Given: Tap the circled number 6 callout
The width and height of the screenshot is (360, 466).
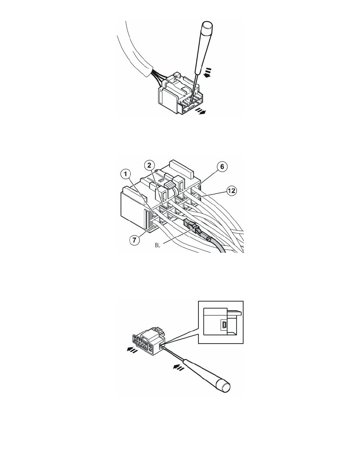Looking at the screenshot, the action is (222, 167).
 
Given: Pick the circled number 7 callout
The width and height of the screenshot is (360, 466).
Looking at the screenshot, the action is (135, 240).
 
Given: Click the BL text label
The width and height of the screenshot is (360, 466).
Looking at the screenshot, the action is (157, 246).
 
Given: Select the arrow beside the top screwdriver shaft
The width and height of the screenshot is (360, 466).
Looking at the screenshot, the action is (208, 72).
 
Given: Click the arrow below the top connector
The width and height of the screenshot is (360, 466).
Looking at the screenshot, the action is (200, 111).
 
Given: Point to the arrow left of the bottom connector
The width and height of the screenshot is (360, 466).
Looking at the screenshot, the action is (132, 350).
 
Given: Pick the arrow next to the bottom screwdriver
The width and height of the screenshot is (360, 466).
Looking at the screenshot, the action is (178, 367).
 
